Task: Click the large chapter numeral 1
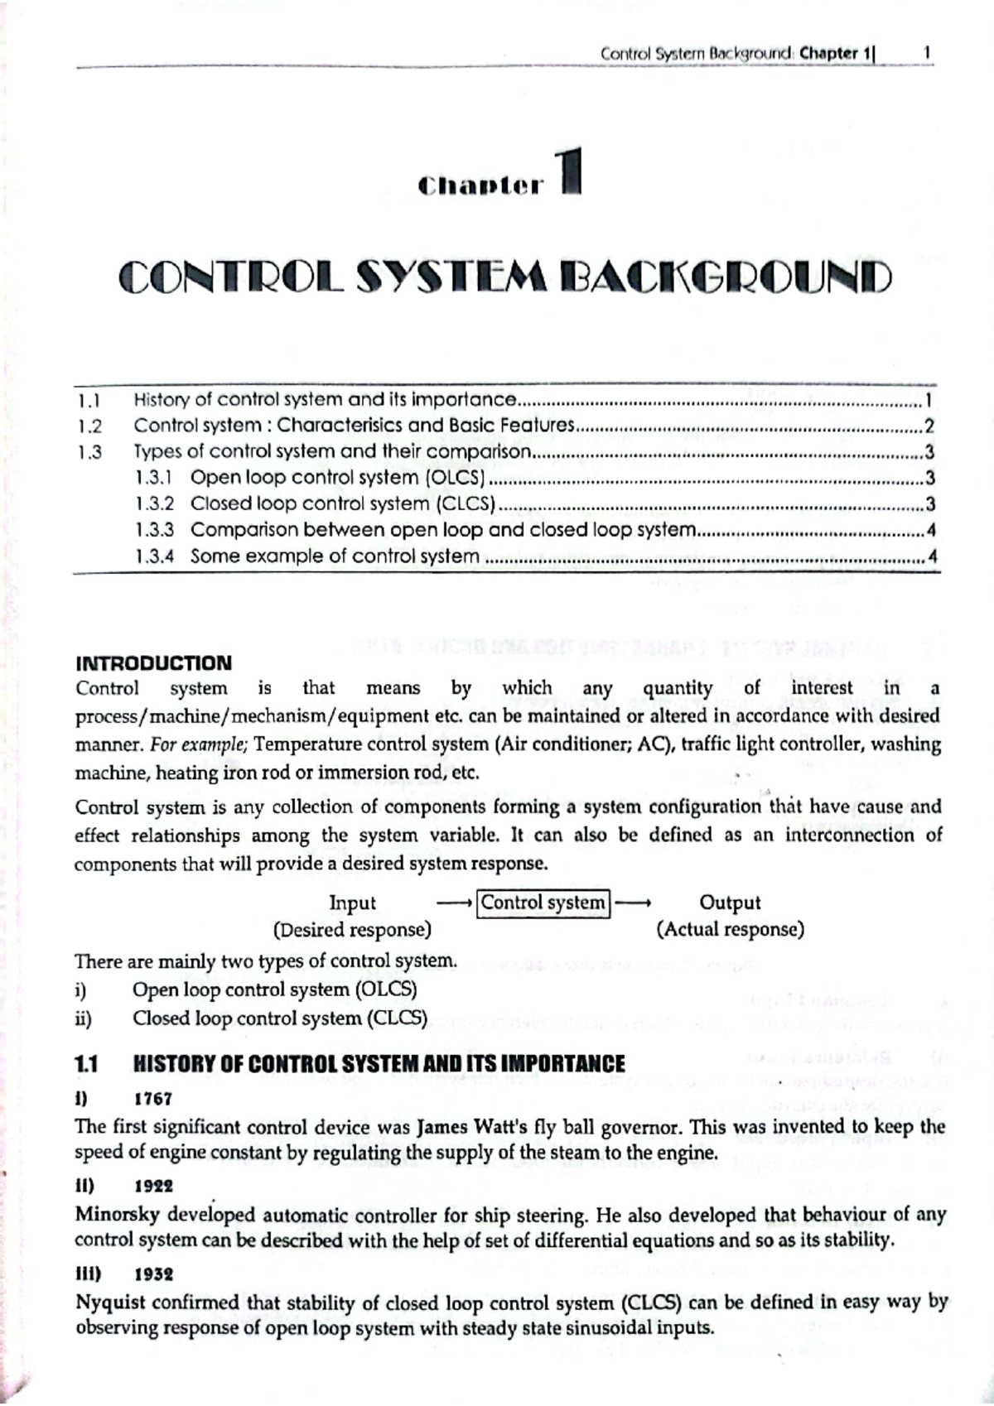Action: (x=571, y=171)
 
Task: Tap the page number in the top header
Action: (x=927, y=53)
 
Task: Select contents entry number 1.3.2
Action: (x=154, y=503)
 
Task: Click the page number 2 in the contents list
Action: (x=929, y=426)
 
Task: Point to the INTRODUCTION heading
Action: (x=153, y=663)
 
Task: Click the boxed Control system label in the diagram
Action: (x=543, y=903)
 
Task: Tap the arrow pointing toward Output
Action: (x=634, y=903)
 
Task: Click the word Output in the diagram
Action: (x=730, y=903)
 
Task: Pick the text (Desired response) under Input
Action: (x=352, y=930)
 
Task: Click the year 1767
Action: (x=153, y=1099)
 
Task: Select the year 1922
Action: (x=153, y=1186)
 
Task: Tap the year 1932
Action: (x=153, y=1274)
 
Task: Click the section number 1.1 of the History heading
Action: (x=86, y=1065)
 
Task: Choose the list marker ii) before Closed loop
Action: (x=83, y=1018)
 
